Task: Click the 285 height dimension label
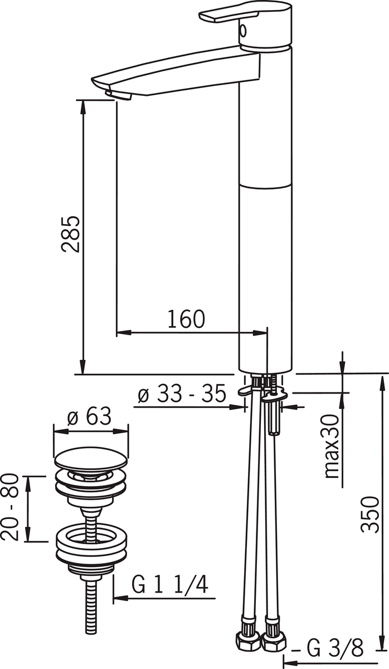pyautogui.click(x=70, y=234)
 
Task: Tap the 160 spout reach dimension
pyautogui.click(x=186, y=319)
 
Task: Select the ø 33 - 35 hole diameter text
pyautogui.click(x=182, y=393)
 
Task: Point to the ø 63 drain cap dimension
pyautogui.click(x=89, y=416)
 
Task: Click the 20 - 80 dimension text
pyautogui.click(x=10, y=507)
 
